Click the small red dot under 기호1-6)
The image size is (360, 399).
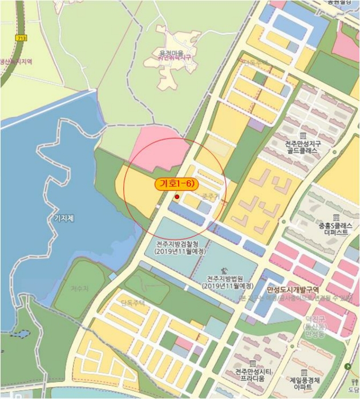point(177,197)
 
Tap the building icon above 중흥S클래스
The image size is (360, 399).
point(337,218)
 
